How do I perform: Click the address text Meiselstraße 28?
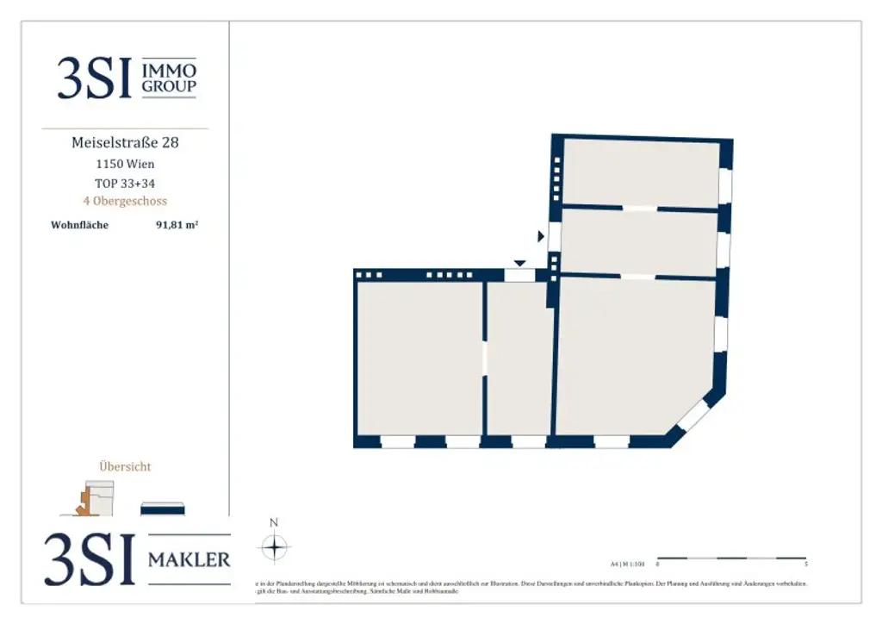coord(125,142)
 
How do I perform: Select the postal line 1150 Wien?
coord(125,163)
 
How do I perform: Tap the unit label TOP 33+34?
coord(125,183)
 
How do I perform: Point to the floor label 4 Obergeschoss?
coord(125,201)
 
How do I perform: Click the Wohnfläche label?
coord(79,225)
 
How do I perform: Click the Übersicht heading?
coord(125,466)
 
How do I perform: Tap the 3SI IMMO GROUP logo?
coord(127,78)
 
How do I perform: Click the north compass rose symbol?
coord(274,547)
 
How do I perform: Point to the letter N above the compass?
coord(274,522)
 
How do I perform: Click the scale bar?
coord(731,558)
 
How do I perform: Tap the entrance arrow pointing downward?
coord(519,263)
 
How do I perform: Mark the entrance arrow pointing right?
coord(541,235)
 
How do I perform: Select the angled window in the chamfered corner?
coord(693,416)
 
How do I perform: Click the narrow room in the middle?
coord(519,358)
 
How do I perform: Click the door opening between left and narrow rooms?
coord(485,359)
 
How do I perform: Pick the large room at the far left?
coord(419,358)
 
